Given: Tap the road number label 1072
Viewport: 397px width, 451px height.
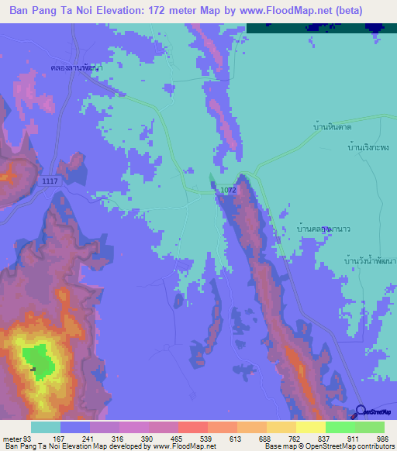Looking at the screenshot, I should pyautogui.click(x=227, y=189).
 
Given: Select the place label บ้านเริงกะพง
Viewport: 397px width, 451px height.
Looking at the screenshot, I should pyautogui.click(x=368, y=146).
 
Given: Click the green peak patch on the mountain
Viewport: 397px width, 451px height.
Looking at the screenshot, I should pyautogui.click(x=38, y=359).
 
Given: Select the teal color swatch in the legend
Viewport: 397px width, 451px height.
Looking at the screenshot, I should pyautogui.click(x=46, y=427).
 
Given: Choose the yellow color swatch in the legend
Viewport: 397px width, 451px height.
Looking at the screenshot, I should pyautogui.click(x=311, y=427).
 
